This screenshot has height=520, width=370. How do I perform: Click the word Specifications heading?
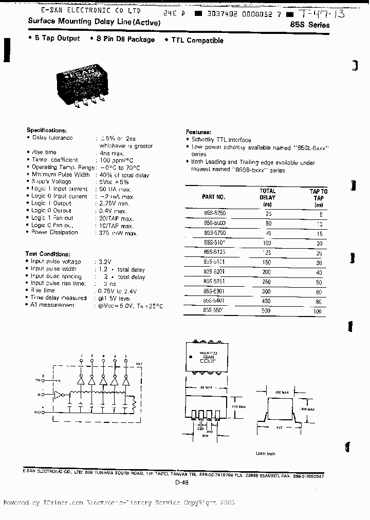coord(46,131)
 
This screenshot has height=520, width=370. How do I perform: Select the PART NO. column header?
coord(213,197)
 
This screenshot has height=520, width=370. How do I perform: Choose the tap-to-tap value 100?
coord(318,312)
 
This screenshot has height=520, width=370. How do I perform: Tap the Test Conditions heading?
coord(47,254)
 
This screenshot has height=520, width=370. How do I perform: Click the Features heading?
coord(198,132)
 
